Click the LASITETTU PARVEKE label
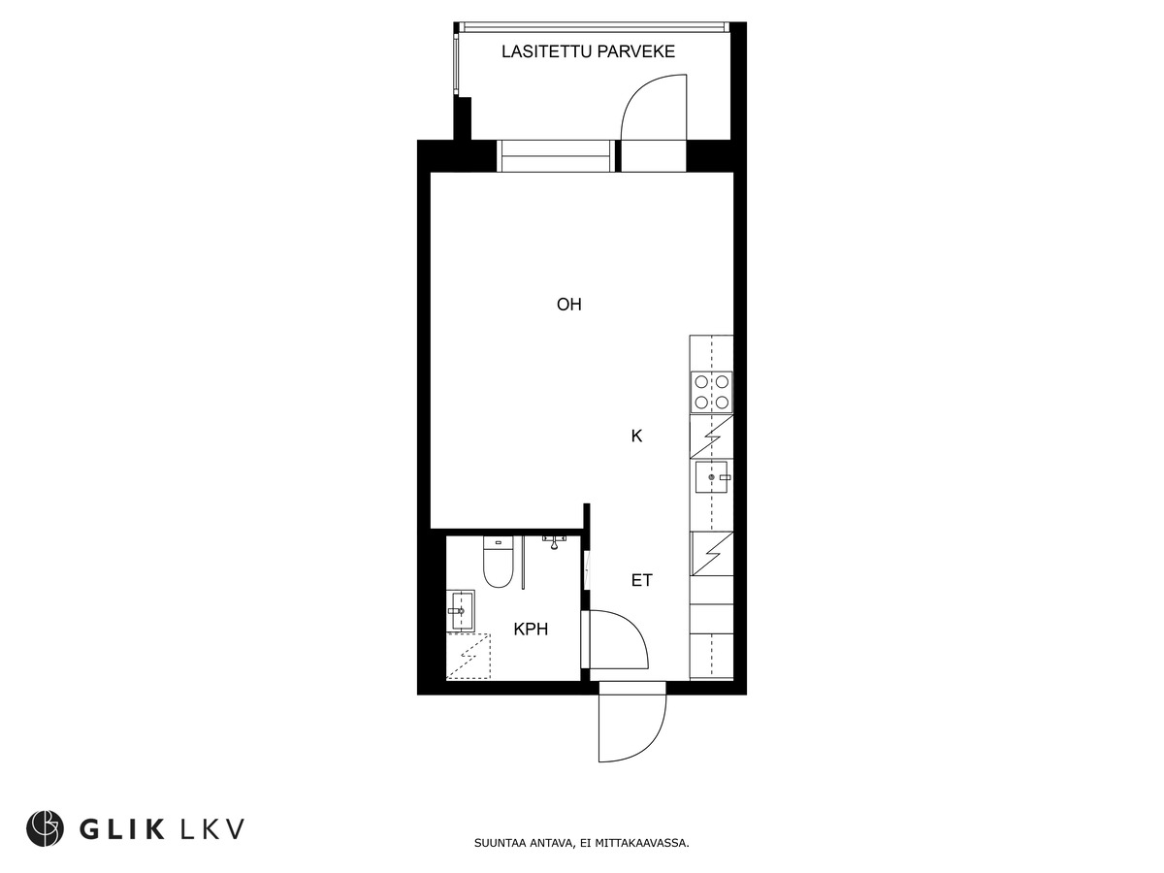(x=588, y=51)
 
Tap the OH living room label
(x=569, y=305)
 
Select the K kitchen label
(x=636, y=436)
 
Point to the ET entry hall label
(x=641, y=581)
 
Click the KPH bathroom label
(x=531, y=630)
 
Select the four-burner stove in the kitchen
(x=711, y=392)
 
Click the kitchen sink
(x=712, y=477)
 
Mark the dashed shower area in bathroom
(x=469, y=657)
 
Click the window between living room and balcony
(x=556, y=155)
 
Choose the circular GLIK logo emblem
(x=45, y=827)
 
